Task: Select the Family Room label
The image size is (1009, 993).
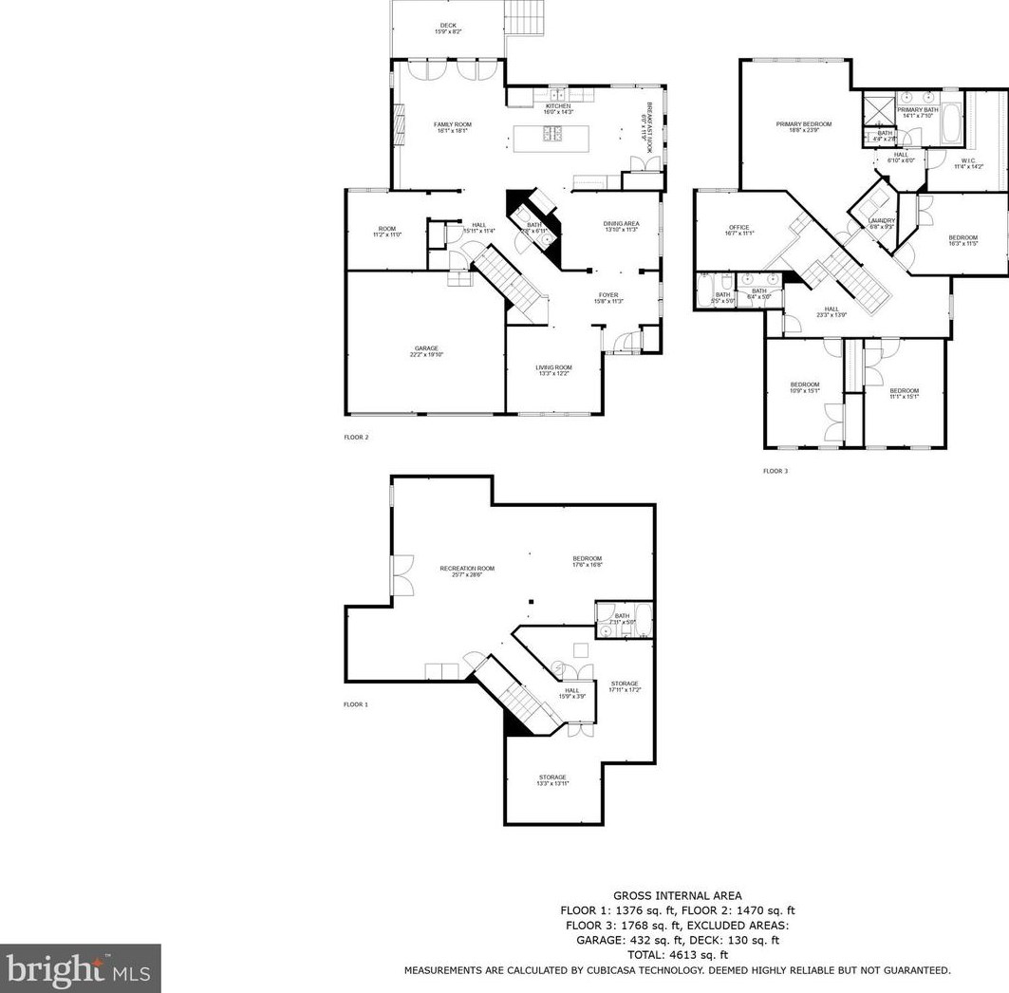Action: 453,127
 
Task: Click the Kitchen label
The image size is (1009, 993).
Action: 557,108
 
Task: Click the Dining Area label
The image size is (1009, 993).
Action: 620,226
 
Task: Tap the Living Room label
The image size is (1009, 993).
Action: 553,370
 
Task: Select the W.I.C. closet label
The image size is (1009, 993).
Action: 967,163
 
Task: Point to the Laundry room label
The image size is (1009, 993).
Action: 882,223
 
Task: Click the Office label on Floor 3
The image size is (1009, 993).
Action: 738,230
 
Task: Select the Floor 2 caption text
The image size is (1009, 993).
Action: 356,438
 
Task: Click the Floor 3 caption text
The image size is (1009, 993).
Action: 775,471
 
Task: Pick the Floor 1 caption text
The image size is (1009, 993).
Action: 356,704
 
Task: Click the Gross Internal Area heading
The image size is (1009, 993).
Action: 677,895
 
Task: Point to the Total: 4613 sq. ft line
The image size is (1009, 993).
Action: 677,955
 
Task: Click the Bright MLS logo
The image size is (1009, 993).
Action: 80,968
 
